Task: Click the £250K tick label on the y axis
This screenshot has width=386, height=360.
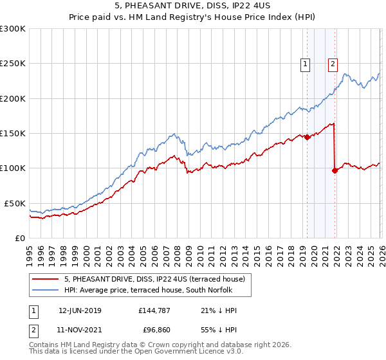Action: pos(13,64)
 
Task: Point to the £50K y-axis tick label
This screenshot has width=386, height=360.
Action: pos(15,203)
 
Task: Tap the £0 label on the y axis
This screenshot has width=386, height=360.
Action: pos(20,238)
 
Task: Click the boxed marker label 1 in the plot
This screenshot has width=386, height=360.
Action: pos(304,64)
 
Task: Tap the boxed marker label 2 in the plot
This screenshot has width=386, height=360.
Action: pos(333,64)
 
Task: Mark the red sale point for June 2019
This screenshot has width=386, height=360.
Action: pos(307,137)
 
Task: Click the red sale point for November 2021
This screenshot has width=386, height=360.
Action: pos(335,170)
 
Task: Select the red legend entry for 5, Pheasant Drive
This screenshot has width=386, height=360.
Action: pos(154,279)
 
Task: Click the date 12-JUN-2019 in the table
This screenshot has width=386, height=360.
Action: pos(80,310)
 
